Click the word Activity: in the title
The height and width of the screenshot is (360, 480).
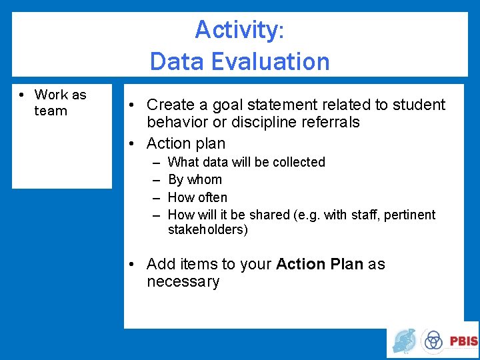tap(239, 30)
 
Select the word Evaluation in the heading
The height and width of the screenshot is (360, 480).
tap(279, 61)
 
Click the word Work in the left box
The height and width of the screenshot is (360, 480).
tap(51, 95)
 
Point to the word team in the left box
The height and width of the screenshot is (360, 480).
tap(51, 111)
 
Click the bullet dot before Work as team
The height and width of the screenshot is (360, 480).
tap(22, 95)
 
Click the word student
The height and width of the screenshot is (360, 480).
tap(419, 105)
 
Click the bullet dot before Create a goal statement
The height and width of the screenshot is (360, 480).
tap(134, 105)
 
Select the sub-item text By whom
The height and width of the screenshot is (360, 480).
tap(195, 180)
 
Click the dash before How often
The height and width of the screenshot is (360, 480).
tap(155, 198)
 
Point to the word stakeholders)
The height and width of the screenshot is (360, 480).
tap(207, 230)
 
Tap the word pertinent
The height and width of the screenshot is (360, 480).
tap(411, 215)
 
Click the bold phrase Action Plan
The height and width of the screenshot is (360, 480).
tap(319, 265)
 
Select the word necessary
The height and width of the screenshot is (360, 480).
tap(183, 282)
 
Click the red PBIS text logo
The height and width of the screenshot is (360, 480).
tap(463, 341)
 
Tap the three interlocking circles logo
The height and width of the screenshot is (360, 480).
tap(433, 341)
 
